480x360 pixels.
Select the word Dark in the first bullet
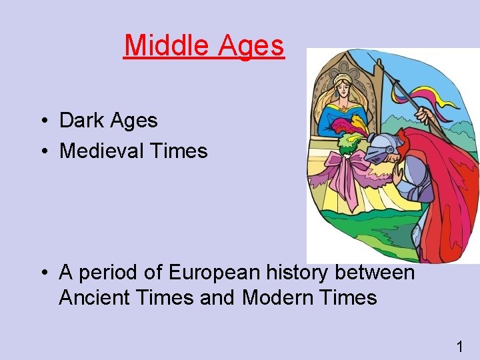point(83,121)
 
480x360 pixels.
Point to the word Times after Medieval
point(179,151)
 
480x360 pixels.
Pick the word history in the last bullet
point(298,273)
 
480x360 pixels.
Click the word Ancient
point(93,297)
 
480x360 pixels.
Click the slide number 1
point(459,347)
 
